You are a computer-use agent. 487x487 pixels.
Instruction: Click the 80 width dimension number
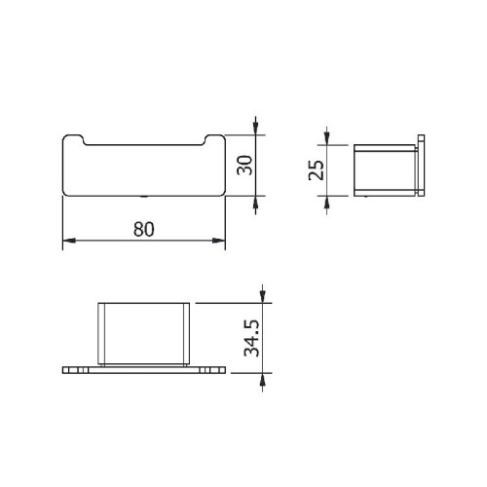coord(143,230)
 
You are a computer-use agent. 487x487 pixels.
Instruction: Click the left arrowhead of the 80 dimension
coord(69,243)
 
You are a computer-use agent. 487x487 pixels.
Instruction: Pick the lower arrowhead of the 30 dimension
coord(254,200)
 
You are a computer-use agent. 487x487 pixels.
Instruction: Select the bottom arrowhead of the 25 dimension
coord(327,199)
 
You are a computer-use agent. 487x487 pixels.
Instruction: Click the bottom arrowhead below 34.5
coord(262,380)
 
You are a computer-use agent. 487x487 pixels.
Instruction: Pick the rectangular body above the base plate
coord(143,333)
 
